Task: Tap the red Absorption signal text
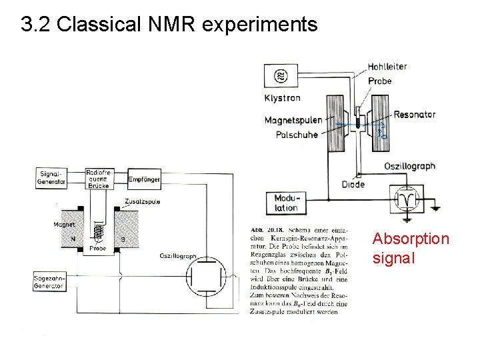point(411,247)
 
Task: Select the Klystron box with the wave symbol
point(280,76)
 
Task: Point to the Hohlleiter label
point(387,67)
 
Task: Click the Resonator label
point(414,115)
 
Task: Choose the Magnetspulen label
point(293,121)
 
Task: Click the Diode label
point(353,185)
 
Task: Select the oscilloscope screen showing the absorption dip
point(405,199)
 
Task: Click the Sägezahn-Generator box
point(49,282)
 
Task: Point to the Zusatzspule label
point(142,201)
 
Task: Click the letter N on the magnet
point(74,238)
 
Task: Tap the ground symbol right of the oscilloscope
point(434,208)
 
